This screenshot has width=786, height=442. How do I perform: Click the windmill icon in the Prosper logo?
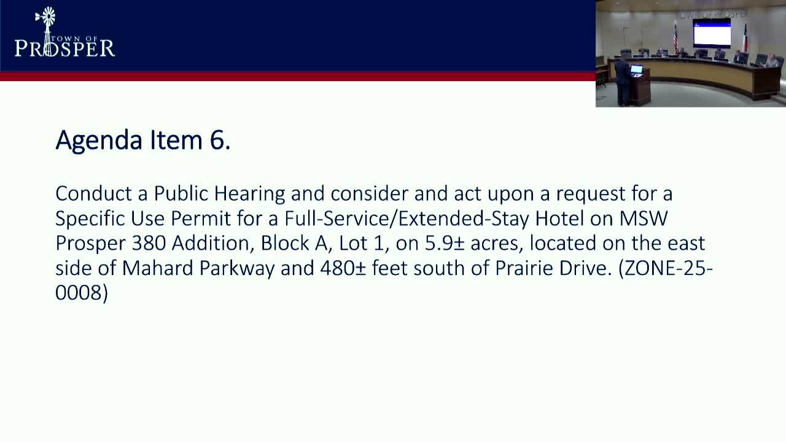[47, 31]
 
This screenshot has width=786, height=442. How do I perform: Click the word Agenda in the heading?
[99, 141]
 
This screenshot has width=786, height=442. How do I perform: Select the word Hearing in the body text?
[249, 194]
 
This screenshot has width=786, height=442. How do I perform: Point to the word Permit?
[201, 218]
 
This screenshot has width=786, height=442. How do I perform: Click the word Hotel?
[559, 218]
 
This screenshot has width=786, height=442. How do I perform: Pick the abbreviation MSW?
[644, 218]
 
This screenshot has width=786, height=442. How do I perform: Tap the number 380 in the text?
[149, 243]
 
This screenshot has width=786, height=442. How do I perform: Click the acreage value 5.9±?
[445, 243]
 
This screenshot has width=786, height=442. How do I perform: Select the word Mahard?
[158, 268]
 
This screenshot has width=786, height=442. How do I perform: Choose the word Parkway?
[237, 269]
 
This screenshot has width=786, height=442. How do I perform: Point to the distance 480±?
[343, 268]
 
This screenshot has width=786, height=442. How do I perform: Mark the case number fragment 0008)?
[82, 293]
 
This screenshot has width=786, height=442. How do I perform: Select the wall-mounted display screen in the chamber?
[712, 33]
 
